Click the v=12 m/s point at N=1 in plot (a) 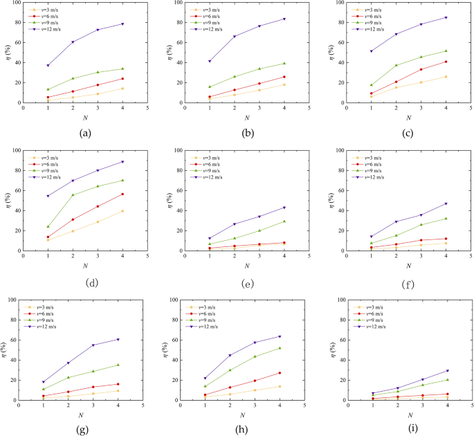pyautogui.click(x=48, y=66)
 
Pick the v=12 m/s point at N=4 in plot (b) pyautogui.click(x=284, y=19)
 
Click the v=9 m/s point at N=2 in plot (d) pyautogui.click(x=73, y=195)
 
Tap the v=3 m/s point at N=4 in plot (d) pyautogui.click(x=123, y=211)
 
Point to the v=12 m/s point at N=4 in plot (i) pyautogui.click(x=447, y=370)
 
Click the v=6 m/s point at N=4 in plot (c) pyautogui.click(x=446, y=62)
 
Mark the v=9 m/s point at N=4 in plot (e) pyautogui.click(x=284, y=221)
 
